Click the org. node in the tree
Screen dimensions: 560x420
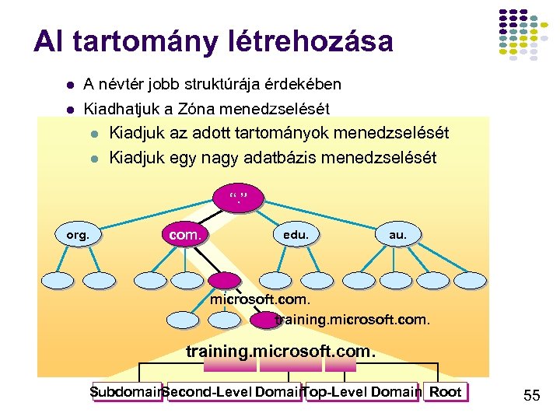click(x=79, y=233)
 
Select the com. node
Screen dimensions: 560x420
click(x=185, y=233)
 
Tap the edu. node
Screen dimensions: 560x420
click(x=296, y=233)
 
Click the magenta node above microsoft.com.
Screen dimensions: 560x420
click(x=226, y=281)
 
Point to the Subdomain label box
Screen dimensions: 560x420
click(x=124, y=392)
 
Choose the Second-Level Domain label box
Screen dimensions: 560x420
click(x=230, y=392)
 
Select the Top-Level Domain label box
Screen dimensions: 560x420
click(x=362, y=392)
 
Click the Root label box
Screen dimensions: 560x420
click(x=446, y=392)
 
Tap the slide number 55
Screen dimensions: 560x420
click(x=532, y=396)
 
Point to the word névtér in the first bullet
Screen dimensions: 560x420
click(x=117, y=84)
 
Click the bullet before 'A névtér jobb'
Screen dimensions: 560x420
click(x=69, y=84)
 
